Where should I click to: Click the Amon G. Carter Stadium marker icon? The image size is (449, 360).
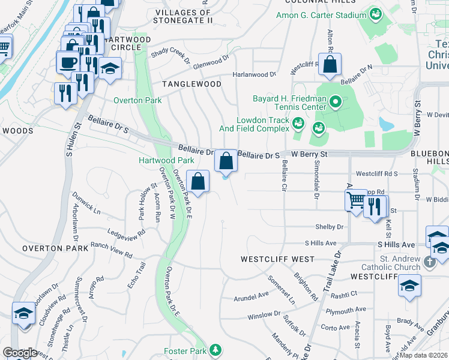point(376,13)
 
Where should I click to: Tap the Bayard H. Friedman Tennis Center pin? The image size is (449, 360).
point(336,103)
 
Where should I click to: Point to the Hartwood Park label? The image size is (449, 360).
point(166,160)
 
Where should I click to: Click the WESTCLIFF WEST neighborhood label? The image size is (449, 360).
point(277,259)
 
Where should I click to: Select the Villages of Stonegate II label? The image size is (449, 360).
point(184,16)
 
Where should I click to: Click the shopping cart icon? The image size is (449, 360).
point(356,200)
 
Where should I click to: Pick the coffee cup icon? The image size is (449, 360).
point(67,61)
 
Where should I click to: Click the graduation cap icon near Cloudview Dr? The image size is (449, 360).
point(23,313)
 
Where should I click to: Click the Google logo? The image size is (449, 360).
point(20,353)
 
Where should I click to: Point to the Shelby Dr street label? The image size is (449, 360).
point(330,227)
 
